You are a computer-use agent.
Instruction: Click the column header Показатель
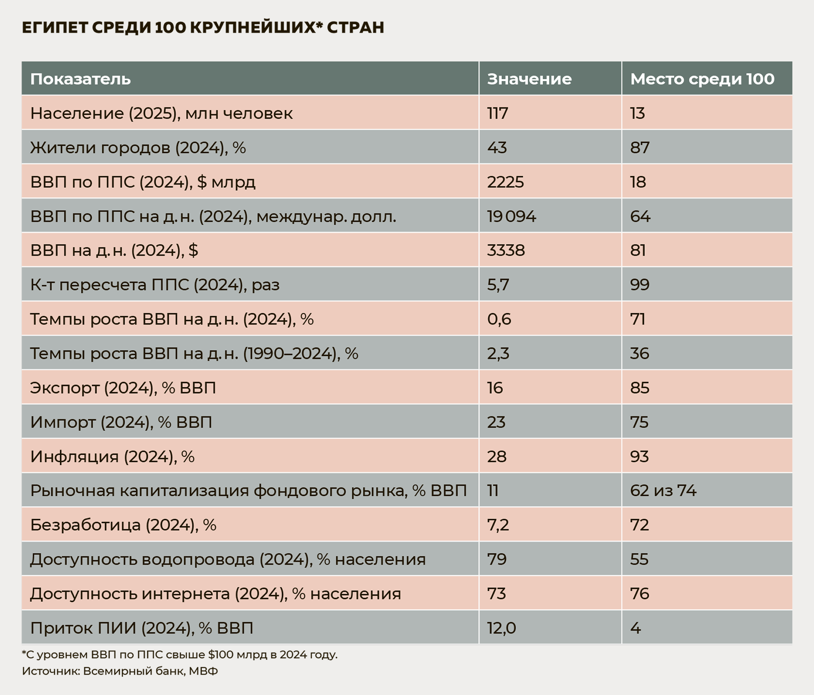pos(81,79)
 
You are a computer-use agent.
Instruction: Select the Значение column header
pos(529,79)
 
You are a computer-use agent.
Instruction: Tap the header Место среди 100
pos(702,79)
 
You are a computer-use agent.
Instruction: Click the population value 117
pos(497,114)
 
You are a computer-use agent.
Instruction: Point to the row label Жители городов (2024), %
pos(138,148)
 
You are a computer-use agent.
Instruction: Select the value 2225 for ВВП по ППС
pos(505,182)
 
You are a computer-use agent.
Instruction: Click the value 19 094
pos(511,217)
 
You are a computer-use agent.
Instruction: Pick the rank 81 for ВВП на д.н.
pos(638,250)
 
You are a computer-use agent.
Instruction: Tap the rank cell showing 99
pos(639,285)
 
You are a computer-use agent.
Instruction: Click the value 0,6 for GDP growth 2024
pos(499,319)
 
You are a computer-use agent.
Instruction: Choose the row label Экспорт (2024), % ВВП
pos(123,388)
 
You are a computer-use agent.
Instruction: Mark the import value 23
pos(496,422)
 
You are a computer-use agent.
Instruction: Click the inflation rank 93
pos(639,456)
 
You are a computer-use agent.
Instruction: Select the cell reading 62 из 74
pos(663,491)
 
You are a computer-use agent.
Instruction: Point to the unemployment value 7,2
pos(498,525)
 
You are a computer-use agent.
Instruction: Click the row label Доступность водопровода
pos(228,559)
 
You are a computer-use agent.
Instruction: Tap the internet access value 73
pos(496,594)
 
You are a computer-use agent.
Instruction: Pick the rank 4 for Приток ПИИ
pos(635,628)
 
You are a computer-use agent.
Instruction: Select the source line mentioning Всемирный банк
pos(120,671)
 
